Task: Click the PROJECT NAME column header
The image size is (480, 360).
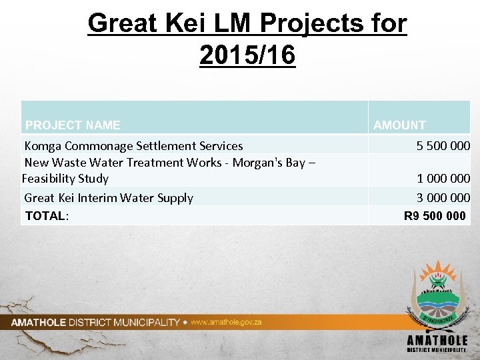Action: point(73,125)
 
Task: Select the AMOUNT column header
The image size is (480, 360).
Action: point(399,125)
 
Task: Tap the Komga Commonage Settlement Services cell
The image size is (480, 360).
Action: point(133,145)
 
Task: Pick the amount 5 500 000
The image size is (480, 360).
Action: point(443,145)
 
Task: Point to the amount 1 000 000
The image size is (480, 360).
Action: point(443,178)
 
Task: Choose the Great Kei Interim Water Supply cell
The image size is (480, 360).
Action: point(109,197)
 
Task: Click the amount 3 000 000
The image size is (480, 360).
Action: point(443,197)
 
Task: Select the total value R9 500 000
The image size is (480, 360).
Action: point(435,215)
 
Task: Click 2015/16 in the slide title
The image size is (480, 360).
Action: point(247,55)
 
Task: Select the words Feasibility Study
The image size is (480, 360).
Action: point(65,178)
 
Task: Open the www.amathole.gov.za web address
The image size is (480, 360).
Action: point(226,322)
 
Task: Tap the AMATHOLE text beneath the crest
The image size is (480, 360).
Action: point(437,340)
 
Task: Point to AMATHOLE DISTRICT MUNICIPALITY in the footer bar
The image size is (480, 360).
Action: point(95,322)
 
